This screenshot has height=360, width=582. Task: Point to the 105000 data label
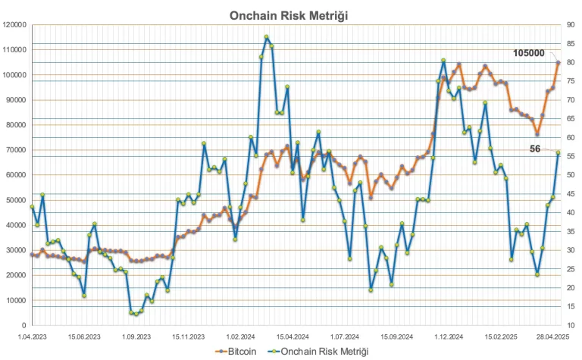pyautogui.click(x=529, y=53)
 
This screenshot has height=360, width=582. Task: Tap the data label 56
pyautogui.click(x=535, y=149)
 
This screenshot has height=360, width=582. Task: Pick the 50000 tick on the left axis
pyautogui.click(x=17, y=200)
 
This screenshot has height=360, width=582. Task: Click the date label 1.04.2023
pyautogui.click(x=32, y=335)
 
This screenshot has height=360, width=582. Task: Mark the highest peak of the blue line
pyautogui.click(x=266, y=36)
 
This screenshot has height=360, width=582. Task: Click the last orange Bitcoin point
pyautogui.click(x=559, y=62)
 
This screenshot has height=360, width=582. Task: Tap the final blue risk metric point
pyautogui.click(x=559, y=153)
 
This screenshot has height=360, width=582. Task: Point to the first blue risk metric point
pyautogui.click(x=33, y=207)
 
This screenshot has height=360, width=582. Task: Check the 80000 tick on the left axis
pyautogui.click(x=17, y=125)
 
